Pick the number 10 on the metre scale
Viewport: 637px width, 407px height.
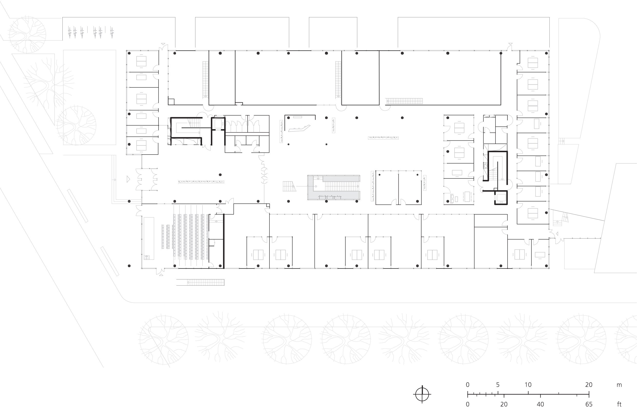(528, 385)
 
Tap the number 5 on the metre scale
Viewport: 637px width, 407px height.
(498, 385)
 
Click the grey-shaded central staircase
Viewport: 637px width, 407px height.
(334, 187)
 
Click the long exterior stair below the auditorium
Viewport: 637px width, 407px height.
(200, 282)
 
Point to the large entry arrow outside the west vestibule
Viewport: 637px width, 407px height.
(129, 179)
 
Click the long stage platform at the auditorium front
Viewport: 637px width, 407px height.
(149, 238)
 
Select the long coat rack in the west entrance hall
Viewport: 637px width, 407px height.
(201, 182)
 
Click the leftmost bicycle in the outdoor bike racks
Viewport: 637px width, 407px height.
(70, 32)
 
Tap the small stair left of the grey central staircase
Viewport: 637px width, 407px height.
(289, 186)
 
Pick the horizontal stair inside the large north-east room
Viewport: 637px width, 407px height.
(404, 101)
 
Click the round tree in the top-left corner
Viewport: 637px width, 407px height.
(27, 35)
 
